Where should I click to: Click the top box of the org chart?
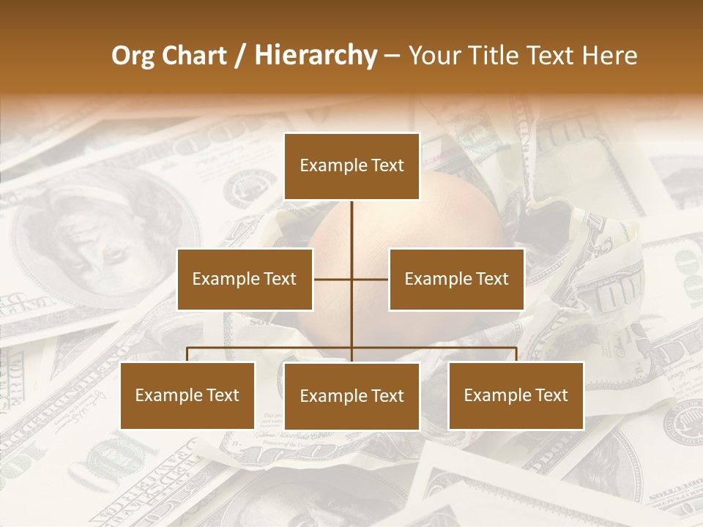(x=351, y=166)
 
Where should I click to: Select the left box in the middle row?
(x=245, y=279)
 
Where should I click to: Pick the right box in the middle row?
(x=456, y=279)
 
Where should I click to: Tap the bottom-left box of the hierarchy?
(x=187, y=395)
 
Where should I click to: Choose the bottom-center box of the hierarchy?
(x=351, y=396)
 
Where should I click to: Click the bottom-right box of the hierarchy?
(x=516, y=395)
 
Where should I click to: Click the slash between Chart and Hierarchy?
(x=241, y=56)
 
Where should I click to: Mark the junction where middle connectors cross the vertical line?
(x=351, y=279)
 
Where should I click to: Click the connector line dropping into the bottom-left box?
(x=187, y=354)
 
